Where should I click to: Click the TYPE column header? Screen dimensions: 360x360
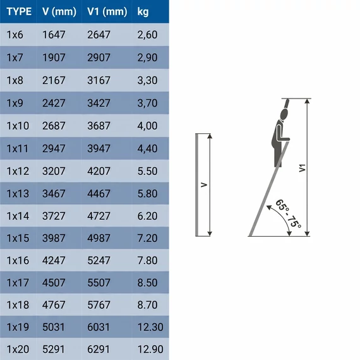point(19,11)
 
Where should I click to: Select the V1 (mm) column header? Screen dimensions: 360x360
point(107,12)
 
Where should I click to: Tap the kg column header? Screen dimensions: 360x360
point(143,12)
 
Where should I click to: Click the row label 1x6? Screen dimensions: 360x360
point(15,35)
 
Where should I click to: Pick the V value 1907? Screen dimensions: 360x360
point(54,57)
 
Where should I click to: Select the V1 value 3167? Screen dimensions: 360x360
point(99,80)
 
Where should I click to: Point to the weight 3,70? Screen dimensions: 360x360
point(147,103)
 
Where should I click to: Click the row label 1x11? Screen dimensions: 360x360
point(18,148)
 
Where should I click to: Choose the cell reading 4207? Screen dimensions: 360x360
point(99,171)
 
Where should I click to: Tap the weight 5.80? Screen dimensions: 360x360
point(147,193)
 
